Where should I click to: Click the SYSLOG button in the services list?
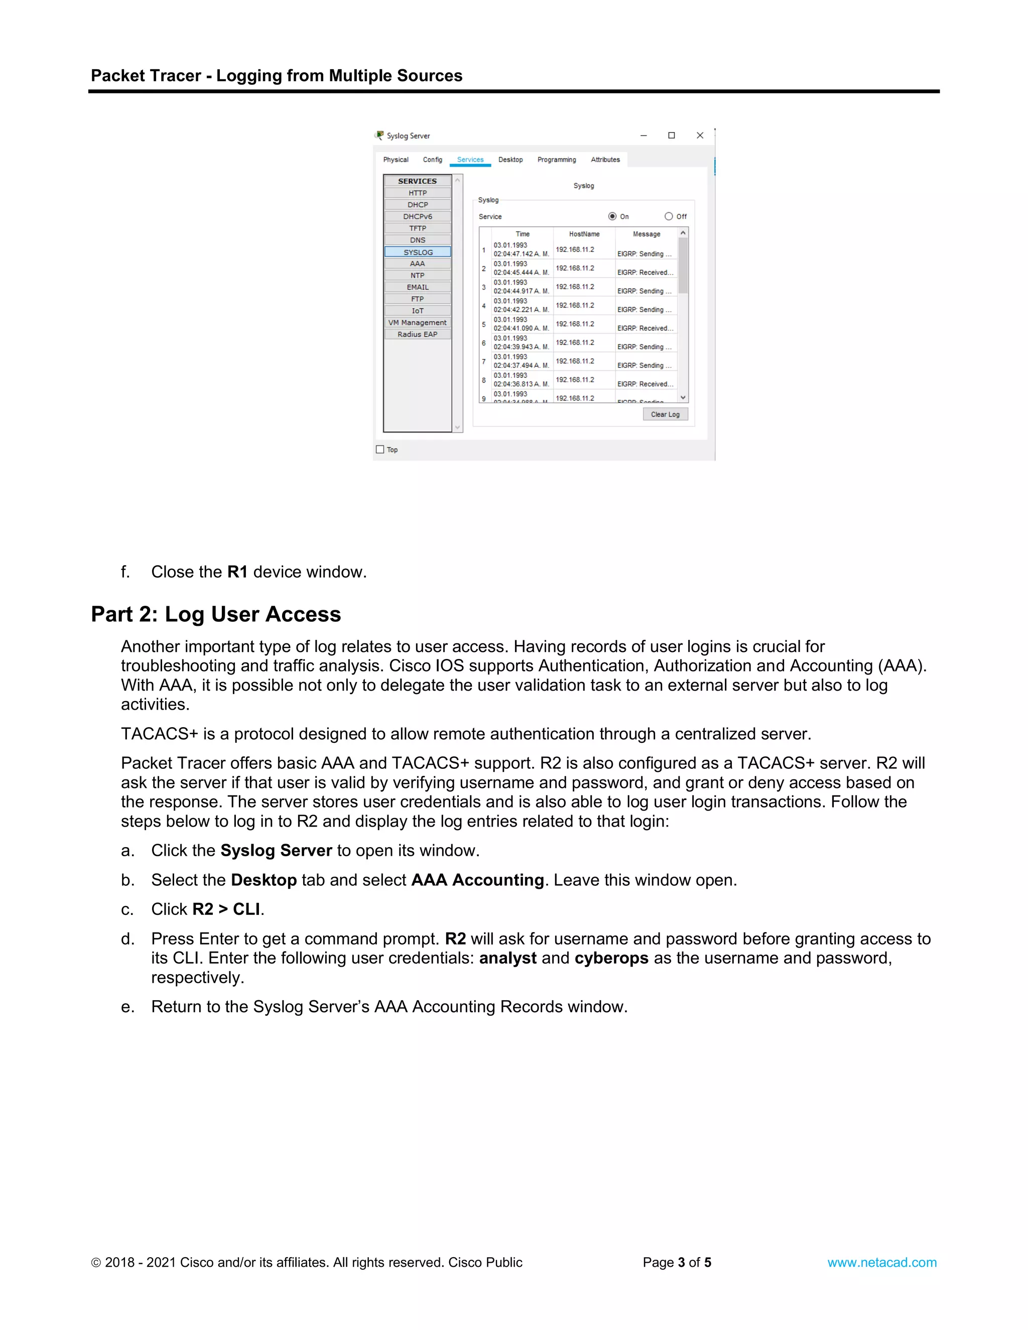pyautogui.click(x=418, y=252)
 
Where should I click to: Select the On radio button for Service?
pyautogui.click(x=612, y=216)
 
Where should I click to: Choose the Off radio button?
pyautogui.click(x=669, y=216)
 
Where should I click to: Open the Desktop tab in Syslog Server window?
pyautogui.click(x=510, y=160)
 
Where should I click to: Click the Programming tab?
pyautogui.click(x=556, y=160)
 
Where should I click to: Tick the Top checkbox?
pyautogui.click(x=380, y=449)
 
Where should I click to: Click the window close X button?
pyautogui.click(x=700, y=136)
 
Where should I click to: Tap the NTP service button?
pyautogui.click(x=418, y=275)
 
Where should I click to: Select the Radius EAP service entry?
pyautogui.click(x=418, y=334)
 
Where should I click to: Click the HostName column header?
pyautogui.click(x=584, y=234)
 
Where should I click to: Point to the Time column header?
pyautogui.click(x=523, y=234)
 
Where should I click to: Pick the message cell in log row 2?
pyautogui.click(x=645, y=272)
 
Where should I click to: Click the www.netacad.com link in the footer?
pyautogui.click(x=881, y=1262)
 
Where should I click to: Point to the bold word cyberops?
pyautogui.click(x=611, y=958)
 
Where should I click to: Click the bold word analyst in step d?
pyautogui.click(x=507, y=958)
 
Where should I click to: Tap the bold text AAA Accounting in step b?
pyautogui.click(x=477, y=880)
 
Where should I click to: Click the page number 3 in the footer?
pyautogui.click(x=682, y=1262)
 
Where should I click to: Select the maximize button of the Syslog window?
pyautogui.click(x=671, y=136)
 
